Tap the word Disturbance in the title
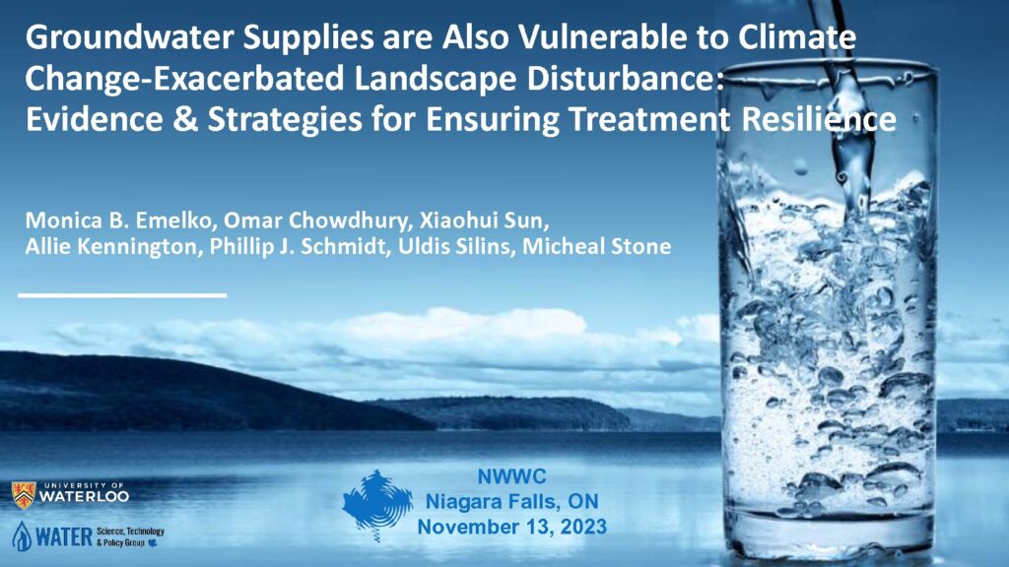pos(625,79)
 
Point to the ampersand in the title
pos(185,119)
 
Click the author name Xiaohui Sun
pos(484,220)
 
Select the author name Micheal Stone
pos(596,246)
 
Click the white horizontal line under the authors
pos(122,295)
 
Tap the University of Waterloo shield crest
pos(24,496)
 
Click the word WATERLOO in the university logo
pos(85,497)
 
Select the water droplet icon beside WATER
pos(22,536)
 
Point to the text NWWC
pos(511,476)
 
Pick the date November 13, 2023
pos(512,527)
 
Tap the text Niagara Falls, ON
pos(512,501)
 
